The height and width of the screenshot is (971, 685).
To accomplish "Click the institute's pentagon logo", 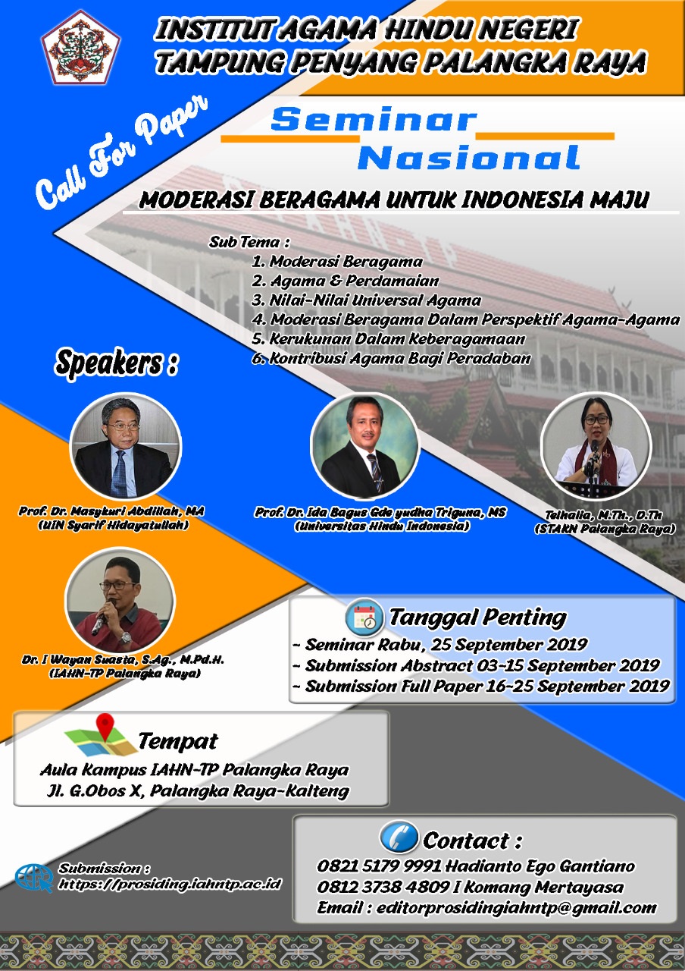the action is pos(80,48).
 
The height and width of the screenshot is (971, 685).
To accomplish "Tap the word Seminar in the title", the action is pos(374,120).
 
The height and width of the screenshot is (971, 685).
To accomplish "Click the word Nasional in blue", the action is pos(468,158).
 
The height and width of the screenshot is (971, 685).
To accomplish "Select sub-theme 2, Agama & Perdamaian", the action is pos(346,281).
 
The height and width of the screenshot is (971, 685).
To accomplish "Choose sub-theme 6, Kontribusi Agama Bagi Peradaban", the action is pos(392,358).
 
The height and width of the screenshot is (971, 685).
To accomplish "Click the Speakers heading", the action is pos(116,363).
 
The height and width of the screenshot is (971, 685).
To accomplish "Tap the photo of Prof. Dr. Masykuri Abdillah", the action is pos(125,448).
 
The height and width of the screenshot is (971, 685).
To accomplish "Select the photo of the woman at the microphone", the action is pos(596,447).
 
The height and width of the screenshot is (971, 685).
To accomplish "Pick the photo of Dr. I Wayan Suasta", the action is pos(120,602).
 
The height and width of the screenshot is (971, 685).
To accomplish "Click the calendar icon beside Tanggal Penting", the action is pos(364,617).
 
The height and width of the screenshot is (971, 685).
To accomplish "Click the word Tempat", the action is pos(177,741).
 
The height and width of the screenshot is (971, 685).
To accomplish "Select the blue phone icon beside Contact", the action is pos(399,837).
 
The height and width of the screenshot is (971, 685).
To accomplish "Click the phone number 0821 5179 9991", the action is pos(379,866).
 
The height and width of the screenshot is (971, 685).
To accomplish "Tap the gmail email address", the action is pos(517,908).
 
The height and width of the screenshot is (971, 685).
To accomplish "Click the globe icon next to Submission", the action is pos(34,878).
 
